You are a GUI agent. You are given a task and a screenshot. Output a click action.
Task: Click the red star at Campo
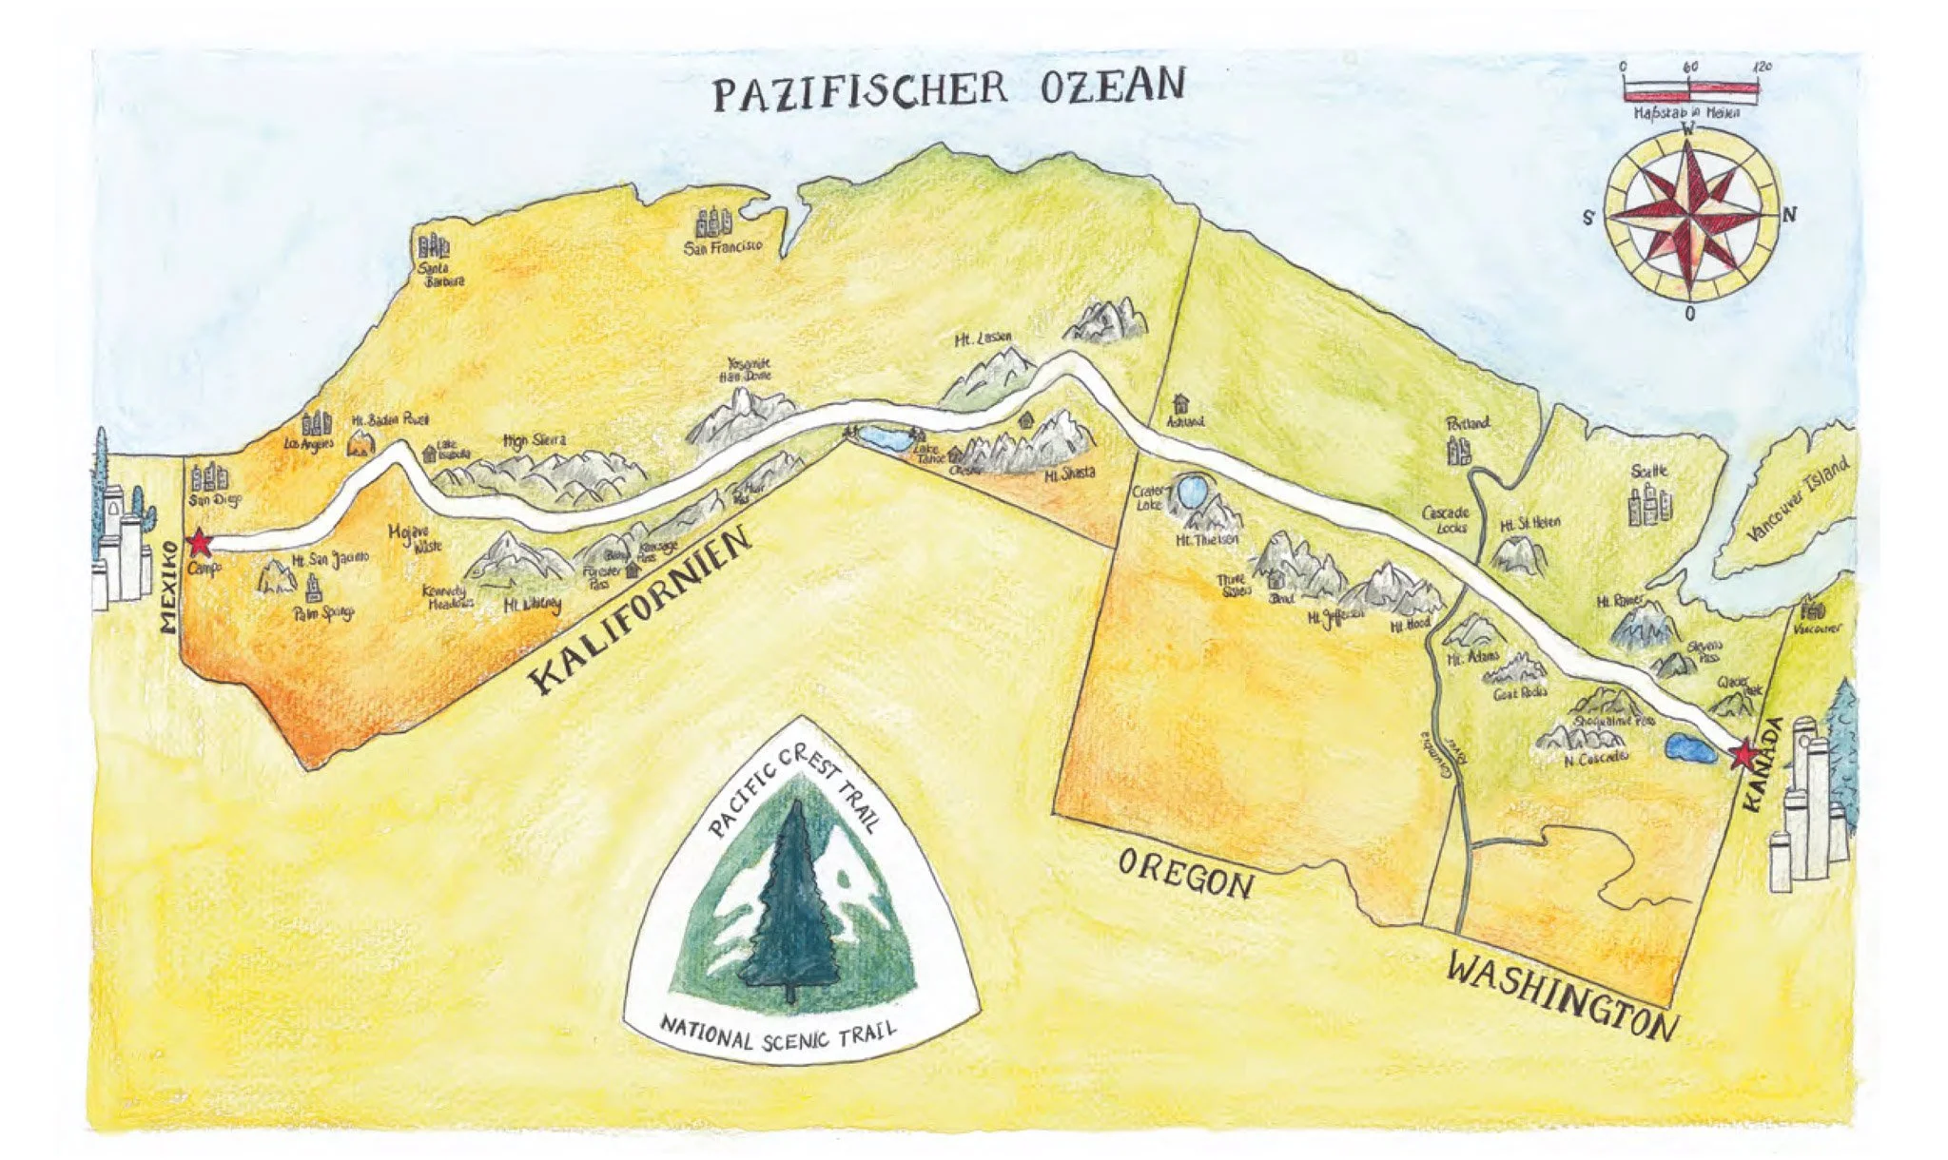[199, 543]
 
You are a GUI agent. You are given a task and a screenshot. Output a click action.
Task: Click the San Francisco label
[723, 247]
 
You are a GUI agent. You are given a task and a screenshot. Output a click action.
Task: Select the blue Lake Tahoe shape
[885, 439]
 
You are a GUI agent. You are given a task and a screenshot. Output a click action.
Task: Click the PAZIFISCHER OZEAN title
[948, 87]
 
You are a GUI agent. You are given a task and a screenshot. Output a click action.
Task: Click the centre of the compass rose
[1690, 215]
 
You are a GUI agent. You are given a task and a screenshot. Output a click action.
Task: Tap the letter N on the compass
[1789, 215]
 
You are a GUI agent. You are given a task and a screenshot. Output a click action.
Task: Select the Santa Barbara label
[442, 276]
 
